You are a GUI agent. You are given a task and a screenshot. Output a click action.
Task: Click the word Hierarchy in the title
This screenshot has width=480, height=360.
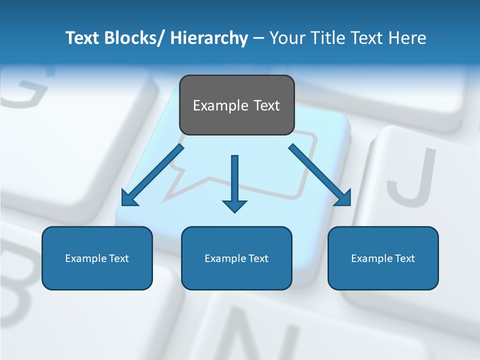[209, 38]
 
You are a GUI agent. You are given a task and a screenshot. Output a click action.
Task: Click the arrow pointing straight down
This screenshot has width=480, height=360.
[234, 182]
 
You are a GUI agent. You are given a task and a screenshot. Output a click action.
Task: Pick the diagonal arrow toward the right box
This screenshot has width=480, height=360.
[320, 175]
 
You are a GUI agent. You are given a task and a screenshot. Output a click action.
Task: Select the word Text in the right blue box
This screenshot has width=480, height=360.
[404, 258]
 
